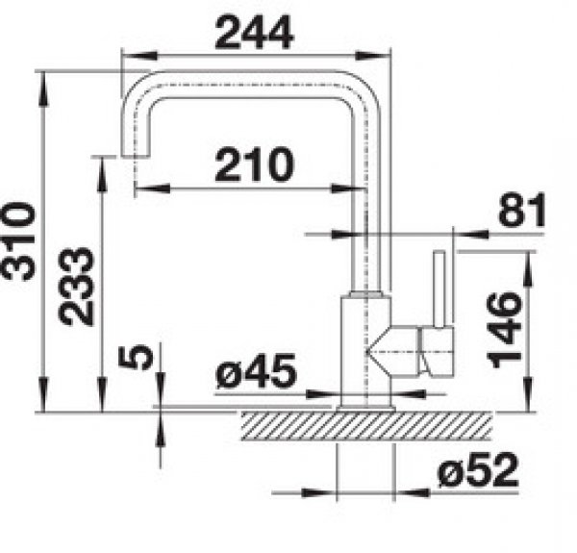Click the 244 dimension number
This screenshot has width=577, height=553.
pos(254,33)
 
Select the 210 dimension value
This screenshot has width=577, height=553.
pos(255,164)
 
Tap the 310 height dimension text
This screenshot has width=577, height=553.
pos(18,241)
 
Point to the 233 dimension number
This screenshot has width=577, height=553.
pos(77,287)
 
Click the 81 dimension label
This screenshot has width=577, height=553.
pos(522,210)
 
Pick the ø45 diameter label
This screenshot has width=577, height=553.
pos(256,371)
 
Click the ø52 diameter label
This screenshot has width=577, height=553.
pos(478,469)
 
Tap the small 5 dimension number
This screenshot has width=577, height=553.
pos(136,357)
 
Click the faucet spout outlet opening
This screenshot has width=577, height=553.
pos(136,156)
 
